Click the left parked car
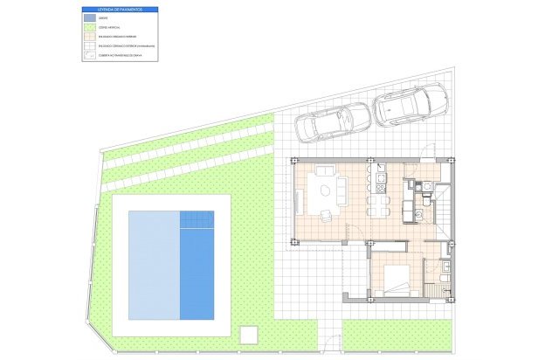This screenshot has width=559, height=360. point(333,122)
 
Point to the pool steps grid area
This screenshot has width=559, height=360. point(197,219)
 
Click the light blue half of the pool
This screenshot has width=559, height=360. point(154,265)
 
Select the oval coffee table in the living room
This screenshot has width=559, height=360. point(326,189)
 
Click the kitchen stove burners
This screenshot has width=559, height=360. point(382,183)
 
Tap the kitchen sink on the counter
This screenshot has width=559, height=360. point(382,170)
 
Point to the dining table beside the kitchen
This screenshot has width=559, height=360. point(377,204)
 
